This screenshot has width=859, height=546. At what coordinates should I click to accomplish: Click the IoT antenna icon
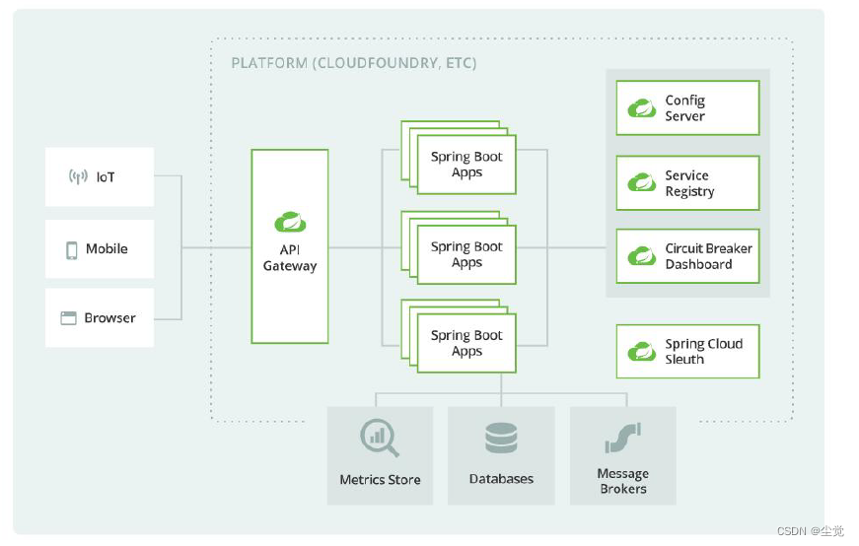[x=78, y=176]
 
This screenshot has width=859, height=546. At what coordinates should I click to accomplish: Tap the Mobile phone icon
[x=72, y=249]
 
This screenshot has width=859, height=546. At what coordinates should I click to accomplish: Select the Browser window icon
[x=68, y=317]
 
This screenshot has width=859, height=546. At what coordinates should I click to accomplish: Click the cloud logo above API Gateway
[x=290, y=222]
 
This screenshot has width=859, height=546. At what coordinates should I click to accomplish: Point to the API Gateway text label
[x=290, y=258]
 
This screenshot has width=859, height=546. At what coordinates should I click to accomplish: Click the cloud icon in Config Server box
[x=641, y=107]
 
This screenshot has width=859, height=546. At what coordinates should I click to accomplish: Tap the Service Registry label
[x=689, y=183]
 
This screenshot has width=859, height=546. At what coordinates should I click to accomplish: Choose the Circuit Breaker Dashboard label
[x=708, y=256]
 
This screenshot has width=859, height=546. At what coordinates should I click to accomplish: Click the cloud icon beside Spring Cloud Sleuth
[x=641, y=351]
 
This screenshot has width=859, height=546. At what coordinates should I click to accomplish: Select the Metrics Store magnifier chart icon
[x=379, y=438]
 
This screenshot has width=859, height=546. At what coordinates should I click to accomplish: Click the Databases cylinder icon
[x=501, y=439]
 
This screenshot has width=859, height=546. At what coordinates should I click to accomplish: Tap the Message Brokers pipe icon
[x=623, y=439]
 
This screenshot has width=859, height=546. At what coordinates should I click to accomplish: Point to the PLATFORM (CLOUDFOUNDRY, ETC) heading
[x=354, y=63]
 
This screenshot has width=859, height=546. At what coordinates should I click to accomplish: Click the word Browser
[x=109, y=318]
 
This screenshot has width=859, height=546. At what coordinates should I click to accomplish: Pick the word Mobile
[x=107, y=248]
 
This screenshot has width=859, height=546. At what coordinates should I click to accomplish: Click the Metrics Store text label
[x=381, y=480]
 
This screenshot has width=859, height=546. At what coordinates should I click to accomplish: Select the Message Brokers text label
[x=623, y=481]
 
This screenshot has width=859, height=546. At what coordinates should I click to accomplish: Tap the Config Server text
[x=684, y=107]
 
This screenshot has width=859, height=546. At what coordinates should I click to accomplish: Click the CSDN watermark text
[x=811, y=530]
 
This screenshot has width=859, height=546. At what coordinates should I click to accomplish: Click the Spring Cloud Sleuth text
[x=704, y=351]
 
